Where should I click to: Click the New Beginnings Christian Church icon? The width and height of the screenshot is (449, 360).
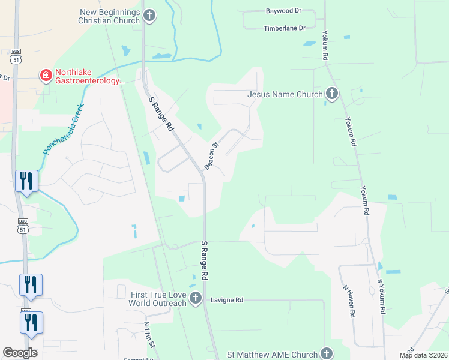(x=149, y=16)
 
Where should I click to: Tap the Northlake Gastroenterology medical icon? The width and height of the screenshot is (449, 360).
(x=45, y=76)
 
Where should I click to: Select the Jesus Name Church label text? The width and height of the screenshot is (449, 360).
(x=285, y=94)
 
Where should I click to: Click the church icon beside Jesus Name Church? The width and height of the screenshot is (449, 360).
(x=331, y=94)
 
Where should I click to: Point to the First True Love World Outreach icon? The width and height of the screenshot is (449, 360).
(x=195, y=298)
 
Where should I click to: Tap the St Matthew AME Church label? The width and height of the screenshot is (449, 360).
(x=272, y=355)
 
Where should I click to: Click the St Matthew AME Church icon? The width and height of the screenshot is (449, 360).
(x=326, y=354)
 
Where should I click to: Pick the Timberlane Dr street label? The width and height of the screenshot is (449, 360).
(x=285, y=28)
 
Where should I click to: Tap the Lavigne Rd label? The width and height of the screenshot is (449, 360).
(x=226, y=300)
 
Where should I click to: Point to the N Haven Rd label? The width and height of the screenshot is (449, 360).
(x=350, y=300)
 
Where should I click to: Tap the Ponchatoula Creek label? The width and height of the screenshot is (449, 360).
(x=64, y=129)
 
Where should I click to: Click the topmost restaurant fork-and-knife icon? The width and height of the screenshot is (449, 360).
(x=26, y=181)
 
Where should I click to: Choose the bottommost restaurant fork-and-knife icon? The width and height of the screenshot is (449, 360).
(x=31, y=323)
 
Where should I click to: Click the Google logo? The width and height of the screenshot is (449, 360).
(x=20, y=353)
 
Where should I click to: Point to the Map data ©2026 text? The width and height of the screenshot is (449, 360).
(x=423, y=355)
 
